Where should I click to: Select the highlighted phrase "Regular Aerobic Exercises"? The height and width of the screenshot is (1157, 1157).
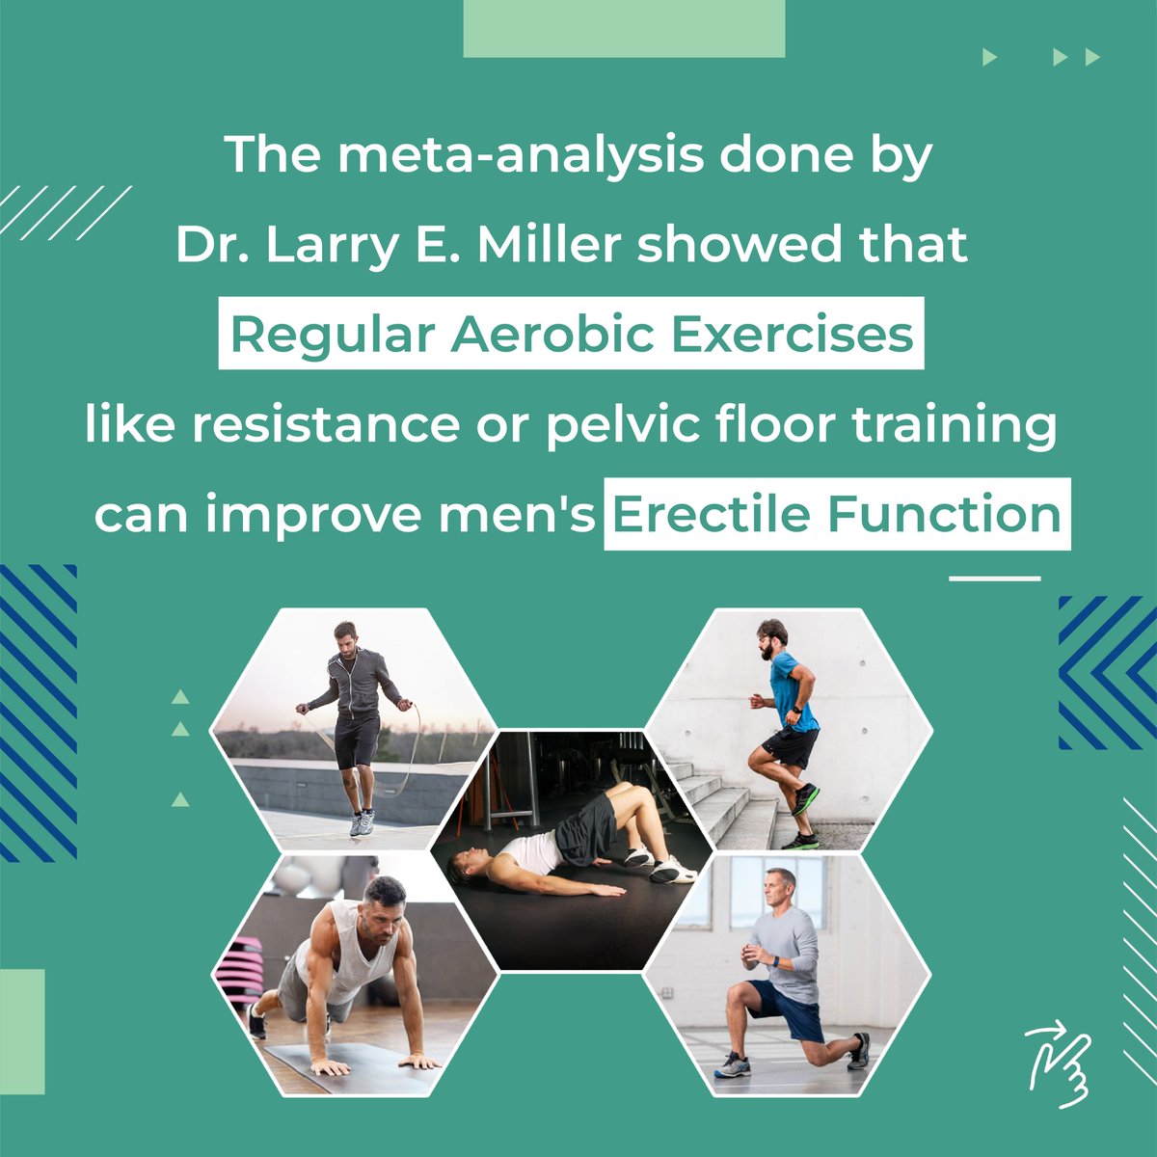[572, 335]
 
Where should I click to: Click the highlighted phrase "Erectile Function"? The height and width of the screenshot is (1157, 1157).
[837, 514]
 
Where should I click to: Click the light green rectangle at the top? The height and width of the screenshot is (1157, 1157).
[624, 28]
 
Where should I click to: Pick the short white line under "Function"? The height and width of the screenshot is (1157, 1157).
[995, 578]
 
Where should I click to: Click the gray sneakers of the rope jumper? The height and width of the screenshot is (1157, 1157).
[362, 822]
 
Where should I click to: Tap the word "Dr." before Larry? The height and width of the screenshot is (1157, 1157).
[202, 246]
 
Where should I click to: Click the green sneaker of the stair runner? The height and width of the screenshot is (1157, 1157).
[806, 798]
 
